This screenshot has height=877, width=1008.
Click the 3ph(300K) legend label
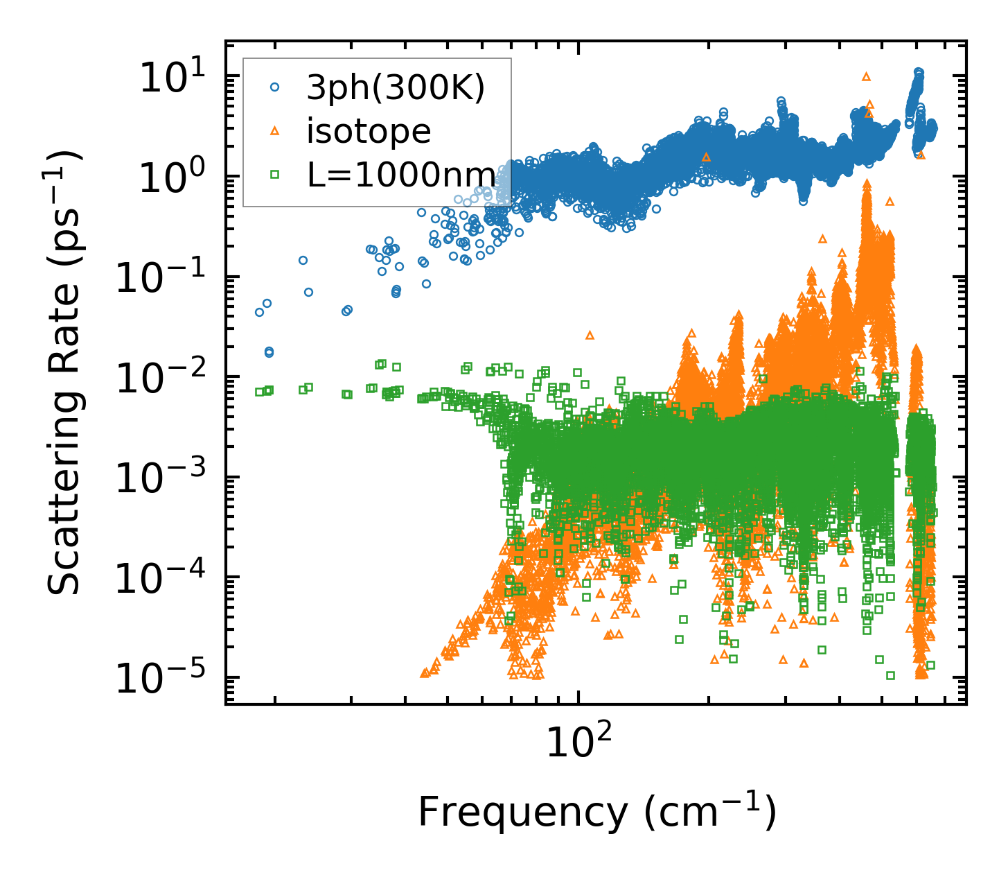(396, 88)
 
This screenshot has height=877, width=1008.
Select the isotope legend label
(369, 131)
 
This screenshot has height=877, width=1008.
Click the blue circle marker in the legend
(275, 88)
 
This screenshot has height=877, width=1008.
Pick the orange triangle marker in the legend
(275, 131)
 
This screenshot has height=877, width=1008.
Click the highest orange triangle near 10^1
(865, 76)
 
